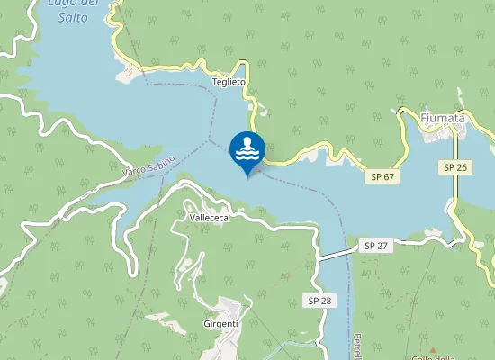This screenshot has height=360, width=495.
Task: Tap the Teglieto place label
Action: pos(229,81)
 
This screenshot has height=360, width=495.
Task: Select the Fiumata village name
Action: pos(443,117)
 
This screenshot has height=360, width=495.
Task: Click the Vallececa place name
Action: pos(210,218)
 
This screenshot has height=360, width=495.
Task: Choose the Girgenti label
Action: pos(220,323)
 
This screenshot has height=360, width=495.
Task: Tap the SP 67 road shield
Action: pos(382,177)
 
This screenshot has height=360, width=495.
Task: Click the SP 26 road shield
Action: pos(454,168)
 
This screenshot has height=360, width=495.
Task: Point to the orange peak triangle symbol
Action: pos(433,350)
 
